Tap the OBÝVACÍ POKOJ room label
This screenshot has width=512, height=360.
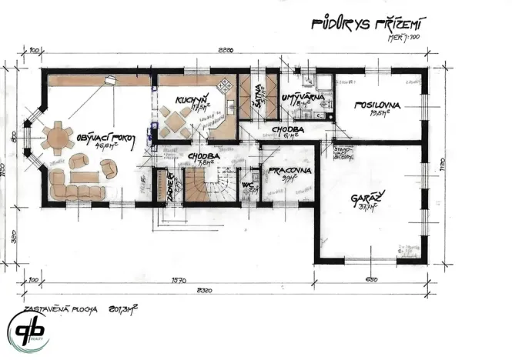coord(106,139)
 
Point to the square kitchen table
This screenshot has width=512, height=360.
coord(176,121)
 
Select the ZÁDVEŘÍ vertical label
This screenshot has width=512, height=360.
coord(169,188)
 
